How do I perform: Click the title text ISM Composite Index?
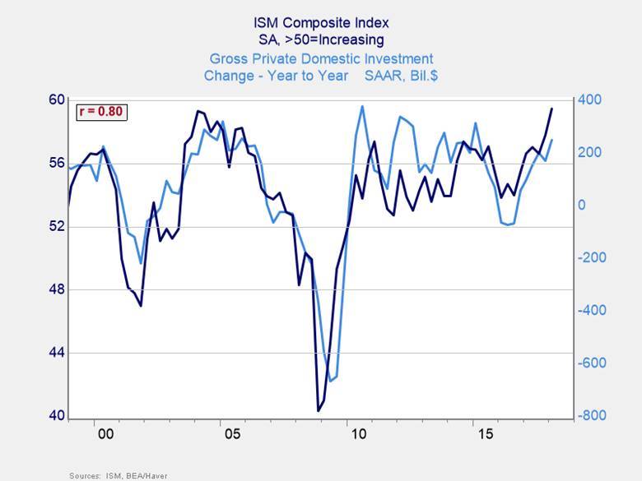(321, 22)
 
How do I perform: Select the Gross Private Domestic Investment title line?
(321, 58)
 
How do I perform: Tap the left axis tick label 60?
(56, 99)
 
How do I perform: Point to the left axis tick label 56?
(56, 163)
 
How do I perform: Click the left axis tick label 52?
(56, 226)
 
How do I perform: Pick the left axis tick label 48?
(56, 289)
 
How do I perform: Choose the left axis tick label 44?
(56, 353)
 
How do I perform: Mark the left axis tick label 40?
(56, 416)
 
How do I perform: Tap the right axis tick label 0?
(583, 205)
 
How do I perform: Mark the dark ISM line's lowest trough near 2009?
(319, 410)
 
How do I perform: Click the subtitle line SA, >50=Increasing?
(321, 39)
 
